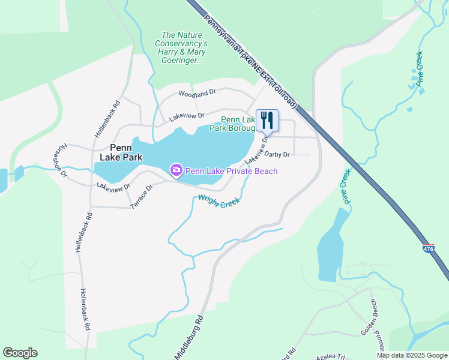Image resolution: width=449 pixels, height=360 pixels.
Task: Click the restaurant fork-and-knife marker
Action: click(267, 121)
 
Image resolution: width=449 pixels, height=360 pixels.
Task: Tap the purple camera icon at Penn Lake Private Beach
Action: click(176, 171)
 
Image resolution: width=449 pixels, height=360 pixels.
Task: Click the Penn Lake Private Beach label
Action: click(231, 171)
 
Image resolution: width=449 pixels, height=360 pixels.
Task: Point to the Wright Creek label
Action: click(219, 200)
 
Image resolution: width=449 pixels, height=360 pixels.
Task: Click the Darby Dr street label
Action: click(277, 155)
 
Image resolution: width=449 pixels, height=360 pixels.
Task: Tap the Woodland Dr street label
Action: click(197, 94)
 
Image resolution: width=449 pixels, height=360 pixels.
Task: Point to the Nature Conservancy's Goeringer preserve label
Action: click(181, 47)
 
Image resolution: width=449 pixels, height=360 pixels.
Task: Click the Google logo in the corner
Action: click(20, 353)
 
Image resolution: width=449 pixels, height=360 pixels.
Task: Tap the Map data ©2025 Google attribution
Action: click(412, 355)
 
